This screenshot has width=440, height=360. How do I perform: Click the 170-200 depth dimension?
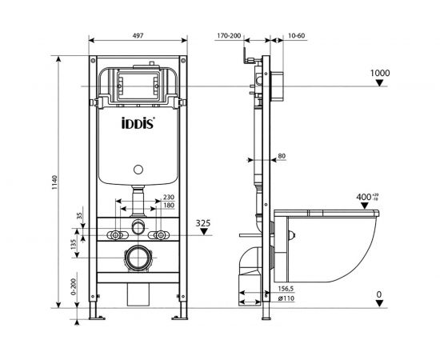click(229, 36)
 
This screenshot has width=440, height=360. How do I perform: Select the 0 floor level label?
click(378, 294)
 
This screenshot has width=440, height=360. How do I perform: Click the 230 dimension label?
click(168, 198)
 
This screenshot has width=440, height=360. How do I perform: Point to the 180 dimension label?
click(168, 206)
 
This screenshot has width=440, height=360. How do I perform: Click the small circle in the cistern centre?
click(137, 170)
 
